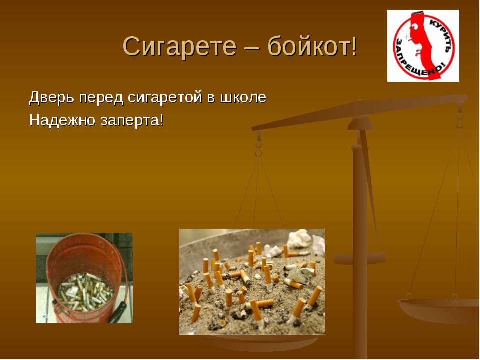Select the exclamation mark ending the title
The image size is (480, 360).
pyautogui.click(x=354, y=47)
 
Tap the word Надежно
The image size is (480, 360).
pyautogui.click(x=61, y=121)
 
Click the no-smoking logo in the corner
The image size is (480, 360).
pyautogui.click(x=423, y=46)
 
